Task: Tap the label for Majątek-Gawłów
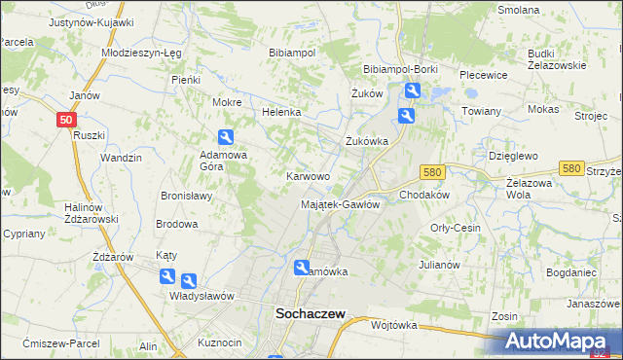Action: [x=340, y=204]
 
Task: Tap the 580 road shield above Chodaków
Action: [x=433, y=171]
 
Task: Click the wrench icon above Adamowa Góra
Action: [x=226, y=138]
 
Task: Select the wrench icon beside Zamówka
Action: [x=303, y=268]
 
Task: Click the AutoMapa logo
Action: [x=564, y=342]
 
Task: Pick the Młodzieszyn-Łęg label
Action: [x=141, y=54]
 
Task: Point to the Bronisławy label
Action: [x=186, y=196]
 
